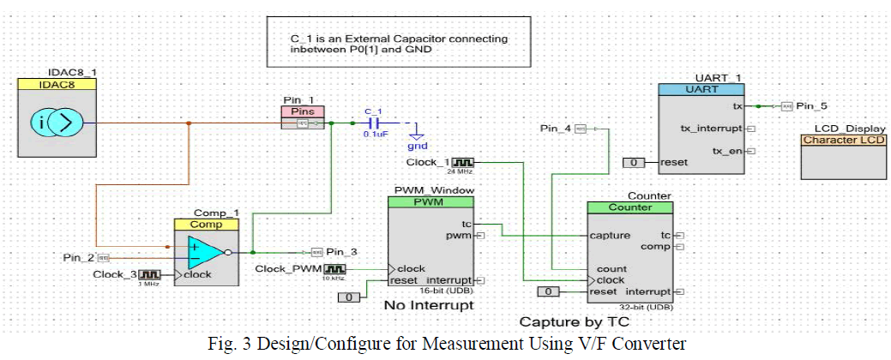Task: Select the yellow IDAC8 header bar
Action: coord(57,84)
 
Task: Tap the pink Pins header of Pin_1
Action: coord(303,111)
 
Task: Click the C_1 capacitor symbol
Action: coord(371,123)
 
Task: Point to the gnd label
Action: coord(417,147)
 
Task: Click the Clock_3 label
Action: coord(114,274)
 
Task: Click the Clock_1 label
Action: coord(428,162)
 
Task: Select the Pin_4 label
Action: coord(556,129)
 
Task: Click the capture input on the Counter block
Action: coord(610,235)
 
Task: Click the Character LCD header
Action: coord(844,140)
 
